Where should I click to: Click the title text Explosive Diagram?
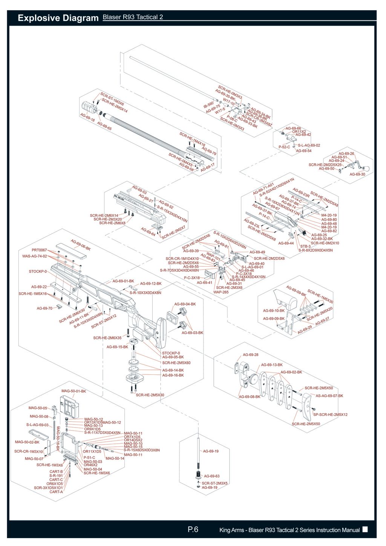click(58, 18)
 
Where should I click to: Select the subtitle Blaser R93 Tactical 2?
click(133, 17)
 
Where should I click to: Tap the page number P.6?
click(193, 529)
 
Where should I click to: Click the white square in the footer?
click(365, 529)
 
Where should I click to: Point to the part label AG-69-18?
click(87, 117)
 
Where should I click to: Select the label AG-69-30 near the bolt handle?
click(357, 174)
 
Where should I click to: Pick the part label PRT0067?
click(39, 250)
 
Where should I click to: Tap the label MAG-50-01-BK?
click(74, 391)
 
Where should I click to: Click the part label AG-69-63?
click(211, 476)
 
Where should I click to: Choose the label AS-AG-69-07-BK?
click(329, 396)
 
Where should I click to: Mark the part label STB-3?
click(305, 246)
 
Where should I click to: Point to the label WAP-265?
click(221, 292)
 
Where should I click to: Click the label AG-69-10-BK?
click(274, 311)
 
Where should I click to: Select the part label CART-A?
click(56, 492)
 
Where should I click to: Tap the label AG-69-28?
click(250, 355)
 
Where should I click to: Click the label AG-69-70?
click(44, 308)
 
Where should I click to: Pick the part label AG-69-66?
click(293, 128)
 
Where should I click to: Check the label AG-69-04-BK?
click(185, 304)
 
